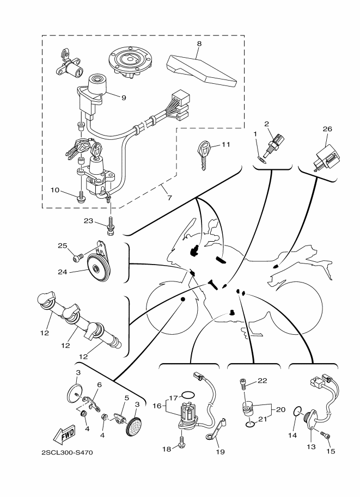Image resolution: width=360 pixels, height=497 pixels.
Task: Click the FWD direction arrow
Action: [64, 434]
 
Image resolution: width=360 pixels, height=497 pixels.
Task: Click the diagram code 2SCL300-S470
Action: [67, 452]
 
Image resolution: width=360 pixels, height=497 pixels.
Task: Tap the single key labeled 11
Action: [203, 156]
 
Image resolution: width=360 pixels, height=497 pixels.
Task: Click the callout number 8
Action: [199, 44]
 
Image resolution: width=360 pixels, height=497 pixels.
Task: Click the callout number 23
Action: [88, 220]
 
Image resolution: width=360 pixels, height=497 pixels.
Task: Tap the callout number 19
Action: [220, 451]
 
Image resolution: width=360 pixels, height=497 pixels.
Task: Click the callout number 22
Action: [263, 381]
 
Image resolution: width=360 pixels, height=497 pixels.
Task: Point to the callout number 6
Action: [99, 384]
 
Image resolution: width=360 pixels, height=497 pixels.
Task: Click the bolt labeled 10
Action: [80, 197]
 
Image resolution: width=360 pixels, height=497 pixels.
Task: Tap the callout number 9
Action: [124, 97]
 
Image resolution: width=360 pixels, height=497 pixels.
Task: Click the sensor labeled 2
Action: [273, 145]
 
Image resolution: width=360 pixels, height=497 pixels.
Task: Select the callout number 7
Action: [169, 198]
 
